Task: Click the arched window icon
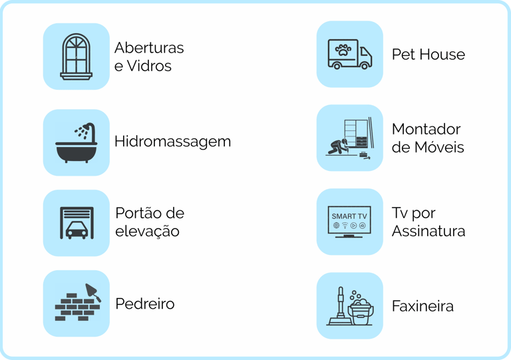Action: click(77, 56)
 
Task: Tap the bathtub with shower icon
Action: click(76, 142)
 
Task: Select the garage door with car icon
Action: click(76, 222)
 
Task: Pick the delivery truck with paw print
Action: click(349, 54)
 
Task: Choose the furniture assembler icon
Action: click(350, 138)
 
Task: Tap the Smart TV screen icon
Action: click(349, 221)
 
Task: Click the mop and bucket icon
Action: click(350, 306)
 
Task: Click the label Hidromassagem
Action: click(172, 142)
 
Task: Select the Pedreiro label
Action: click(144, 304)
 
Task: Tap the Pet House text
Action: click(428, 55)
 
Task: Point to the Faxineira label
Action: click(423, 306)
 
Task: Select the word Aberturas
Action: click(149, 48)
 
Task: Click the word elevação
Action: click(148, 232)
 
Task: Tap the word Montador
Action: click(426, 129)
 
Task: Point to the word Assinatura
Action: click(428, 232)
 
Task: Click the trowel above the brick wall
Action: click(92, 291)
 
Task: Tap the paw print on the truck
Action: click(343, 49)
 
